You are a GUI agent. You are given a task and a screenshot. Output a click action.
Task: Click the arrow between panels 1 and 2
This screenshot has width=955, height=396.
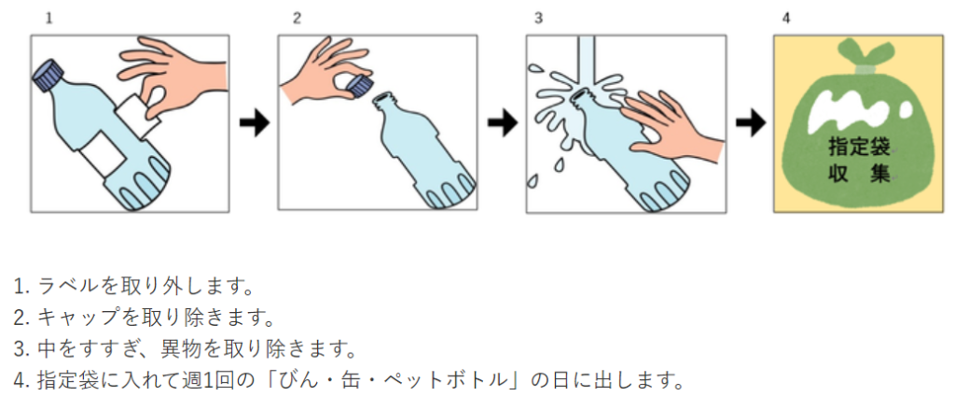click(x=253, y=123)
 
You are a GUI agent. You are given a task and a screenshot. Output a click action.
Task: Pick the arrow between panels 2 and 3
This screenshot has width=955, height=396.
click(x=501, y=123)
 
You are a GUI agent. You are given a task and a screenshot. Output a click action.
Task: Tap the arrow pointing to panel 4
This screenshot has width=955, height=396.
click(x=749, y=123)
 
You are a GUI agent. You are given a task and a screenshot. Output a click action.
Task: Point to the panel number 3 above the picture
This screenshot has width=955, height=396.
click(x=538, y=18)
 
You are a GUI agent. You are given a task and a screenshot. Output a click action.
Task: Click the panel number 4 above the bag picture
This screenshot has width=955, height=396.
click(x=787, y=18)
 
